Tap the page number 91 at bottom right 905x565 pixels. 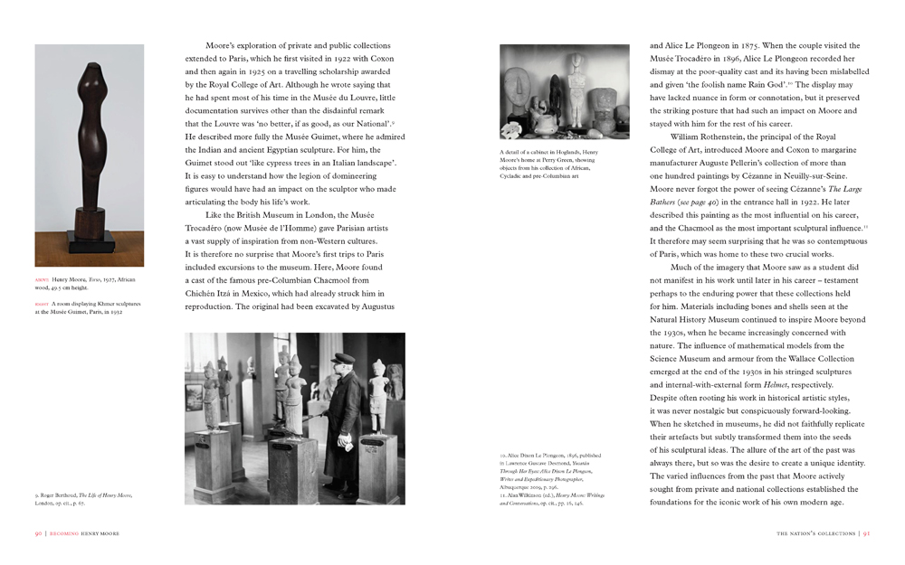[x=866, y=534]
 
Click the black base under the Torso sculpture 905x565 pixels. [x=89, y=245]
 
